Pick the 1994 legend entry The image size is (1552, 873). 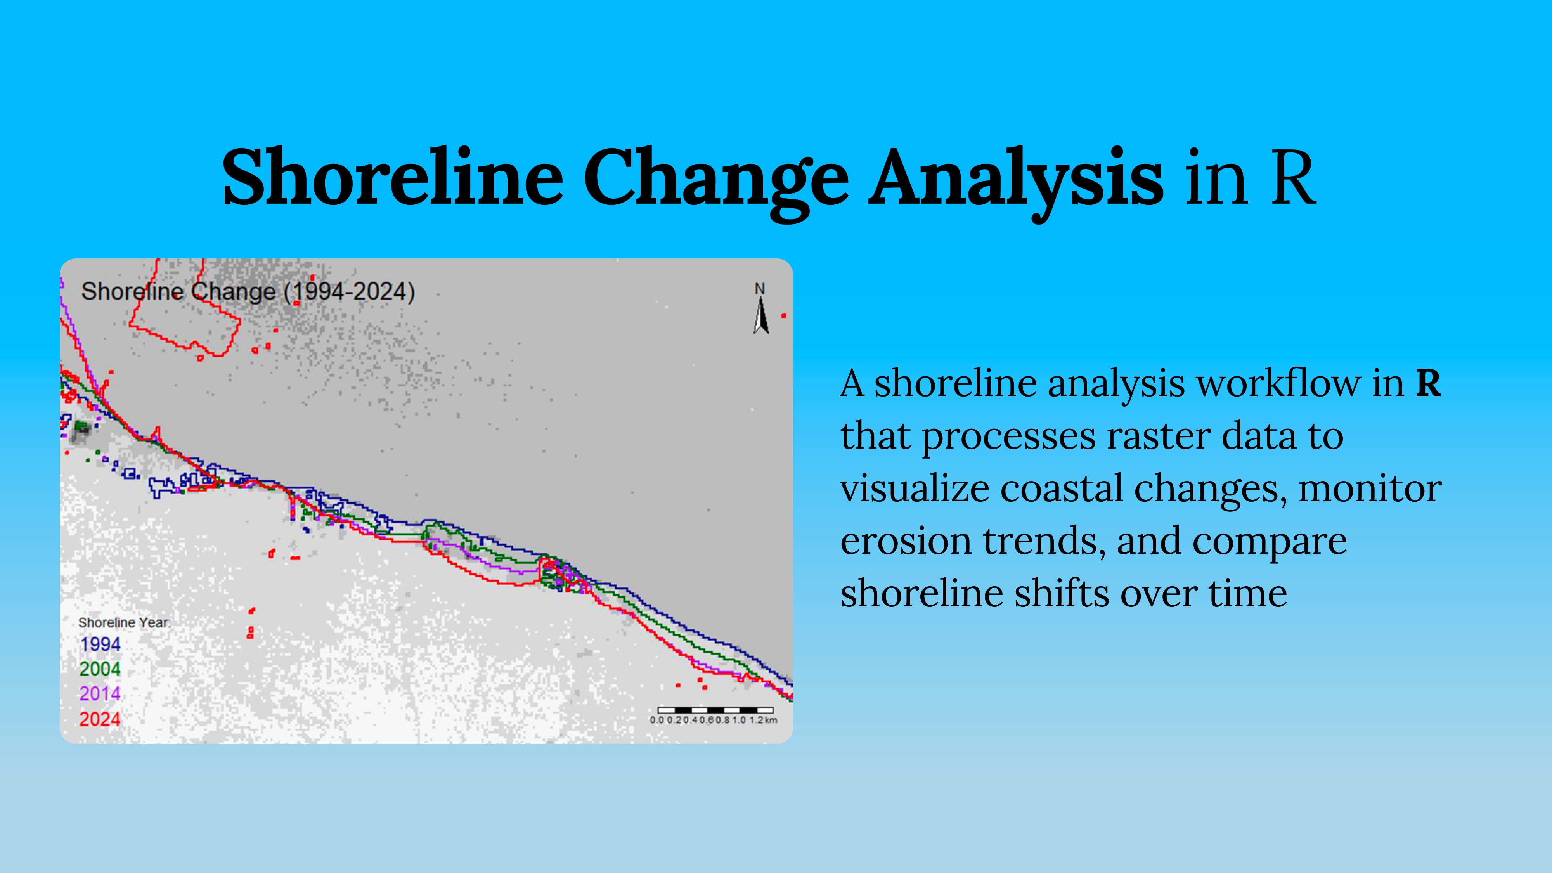[x=100, y=644]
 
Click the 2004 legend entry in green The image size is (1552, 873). [x=100, y=669]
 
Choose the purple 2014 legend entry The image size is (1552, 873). [x=100, y=693]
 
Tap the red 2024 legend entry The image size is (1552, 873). [x=100, y=719]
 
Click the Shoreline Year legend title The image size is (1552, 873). [x=124, y=622]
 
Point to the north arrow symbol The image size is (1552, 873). [x=761, y=316]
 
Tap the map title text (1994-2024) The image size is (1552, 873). [x=350, y=292]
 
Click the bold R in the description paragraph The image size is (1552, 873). [x=1428, y=383]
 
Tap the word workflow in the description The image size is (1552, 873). [x=1278, y=383]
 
